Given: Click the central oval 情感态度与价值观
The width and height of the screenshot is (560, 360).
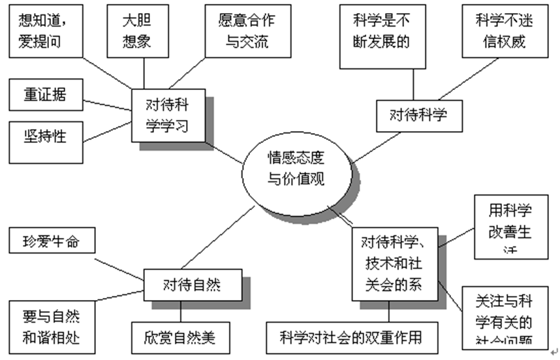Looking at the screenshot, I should [x=296, y=170].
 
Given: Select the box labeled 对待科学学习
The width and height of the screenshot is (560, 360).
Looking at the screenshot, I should [x=168, y=115].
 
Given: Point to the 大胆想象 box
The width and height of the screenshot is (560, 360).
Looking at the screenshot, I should [x=137, y=29].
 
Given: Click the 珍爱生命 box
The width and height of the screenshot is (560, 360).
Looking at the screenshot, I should [x=52, y=239].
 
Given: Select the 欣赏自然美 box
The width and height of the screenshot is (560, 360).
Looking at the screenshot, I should [x=179, y=338].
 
